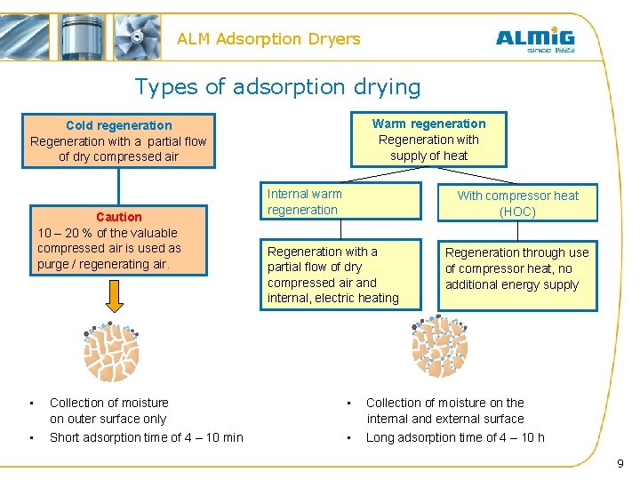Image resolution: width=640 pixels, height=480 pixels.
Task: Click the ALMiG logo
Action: coord(534,36)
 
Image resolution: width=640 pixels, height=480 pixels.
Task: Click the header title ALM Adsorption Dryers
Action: coord(268,39)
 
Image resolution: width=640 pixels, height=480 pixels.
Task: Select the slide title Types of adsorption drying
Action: coord(277,86)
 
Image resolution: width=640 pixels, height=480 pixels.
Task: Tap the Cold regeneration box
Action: coord(118,140)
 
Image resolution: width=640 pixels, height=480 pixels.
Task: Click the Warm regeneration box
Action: coord(428,140)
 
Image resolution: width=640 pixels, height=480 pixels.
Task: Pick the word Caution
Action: coord(118,217)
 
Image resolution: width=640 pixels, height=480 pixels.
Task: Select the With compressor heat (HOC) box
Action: coord(516,203)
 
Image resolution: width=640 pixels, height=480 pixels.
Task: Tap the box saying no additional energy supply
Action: coord(517,269)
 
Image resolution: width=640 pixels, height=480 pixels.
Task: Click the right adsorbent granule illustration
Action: coord(438,347)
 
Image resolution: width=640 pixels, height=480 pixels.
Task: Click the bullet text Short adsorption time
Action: coord(146,436)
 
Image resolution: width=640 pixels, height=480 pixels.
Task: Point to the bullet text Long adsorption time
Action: coord(455,436)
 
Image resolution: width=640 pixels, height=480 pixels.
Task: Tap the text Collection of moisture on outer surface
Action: coord(108,411)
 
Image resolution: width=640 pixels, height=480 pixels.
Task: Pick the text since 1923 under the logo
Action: coord(550,50)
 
